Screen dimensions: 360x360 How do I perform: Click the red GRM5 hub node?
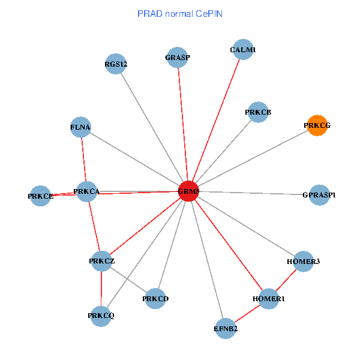pos(188,191)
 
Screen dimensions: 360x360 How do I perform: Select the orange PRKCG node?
pos(317,125)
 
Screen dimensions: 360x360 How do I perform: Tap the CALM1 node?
pos(243,50)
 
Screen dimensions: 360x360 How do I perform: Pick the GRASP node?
pos(178,58)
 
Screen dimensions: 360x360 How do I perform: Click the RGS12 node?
pos(115,64)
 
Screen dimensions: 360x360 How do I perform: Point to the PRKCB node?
pos(258,112)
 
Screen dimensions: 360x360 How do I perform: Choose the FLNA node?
pos(80,127)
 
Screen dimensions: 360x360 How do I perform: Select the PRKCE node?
pos(40,196)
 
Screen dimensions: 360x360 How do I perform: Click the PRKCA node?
pos(86,191)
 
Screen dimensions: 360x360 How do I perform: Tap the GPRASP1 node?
pos(319,195)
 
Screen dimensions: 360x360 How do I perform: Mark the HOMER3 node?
pos(304,262)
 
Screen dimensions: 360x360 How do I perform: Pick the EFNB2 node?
pos(226,328)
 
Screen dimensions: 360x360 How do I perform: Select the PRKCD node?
pos(155,298)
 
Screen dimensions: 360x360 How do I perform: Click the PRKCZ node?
pos(101,261)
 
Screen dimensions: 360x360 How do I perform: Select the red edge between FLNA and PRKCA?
pos(83,159)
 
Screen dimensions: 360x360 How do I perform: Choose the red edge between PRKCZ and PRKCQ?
pos(101,289)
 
